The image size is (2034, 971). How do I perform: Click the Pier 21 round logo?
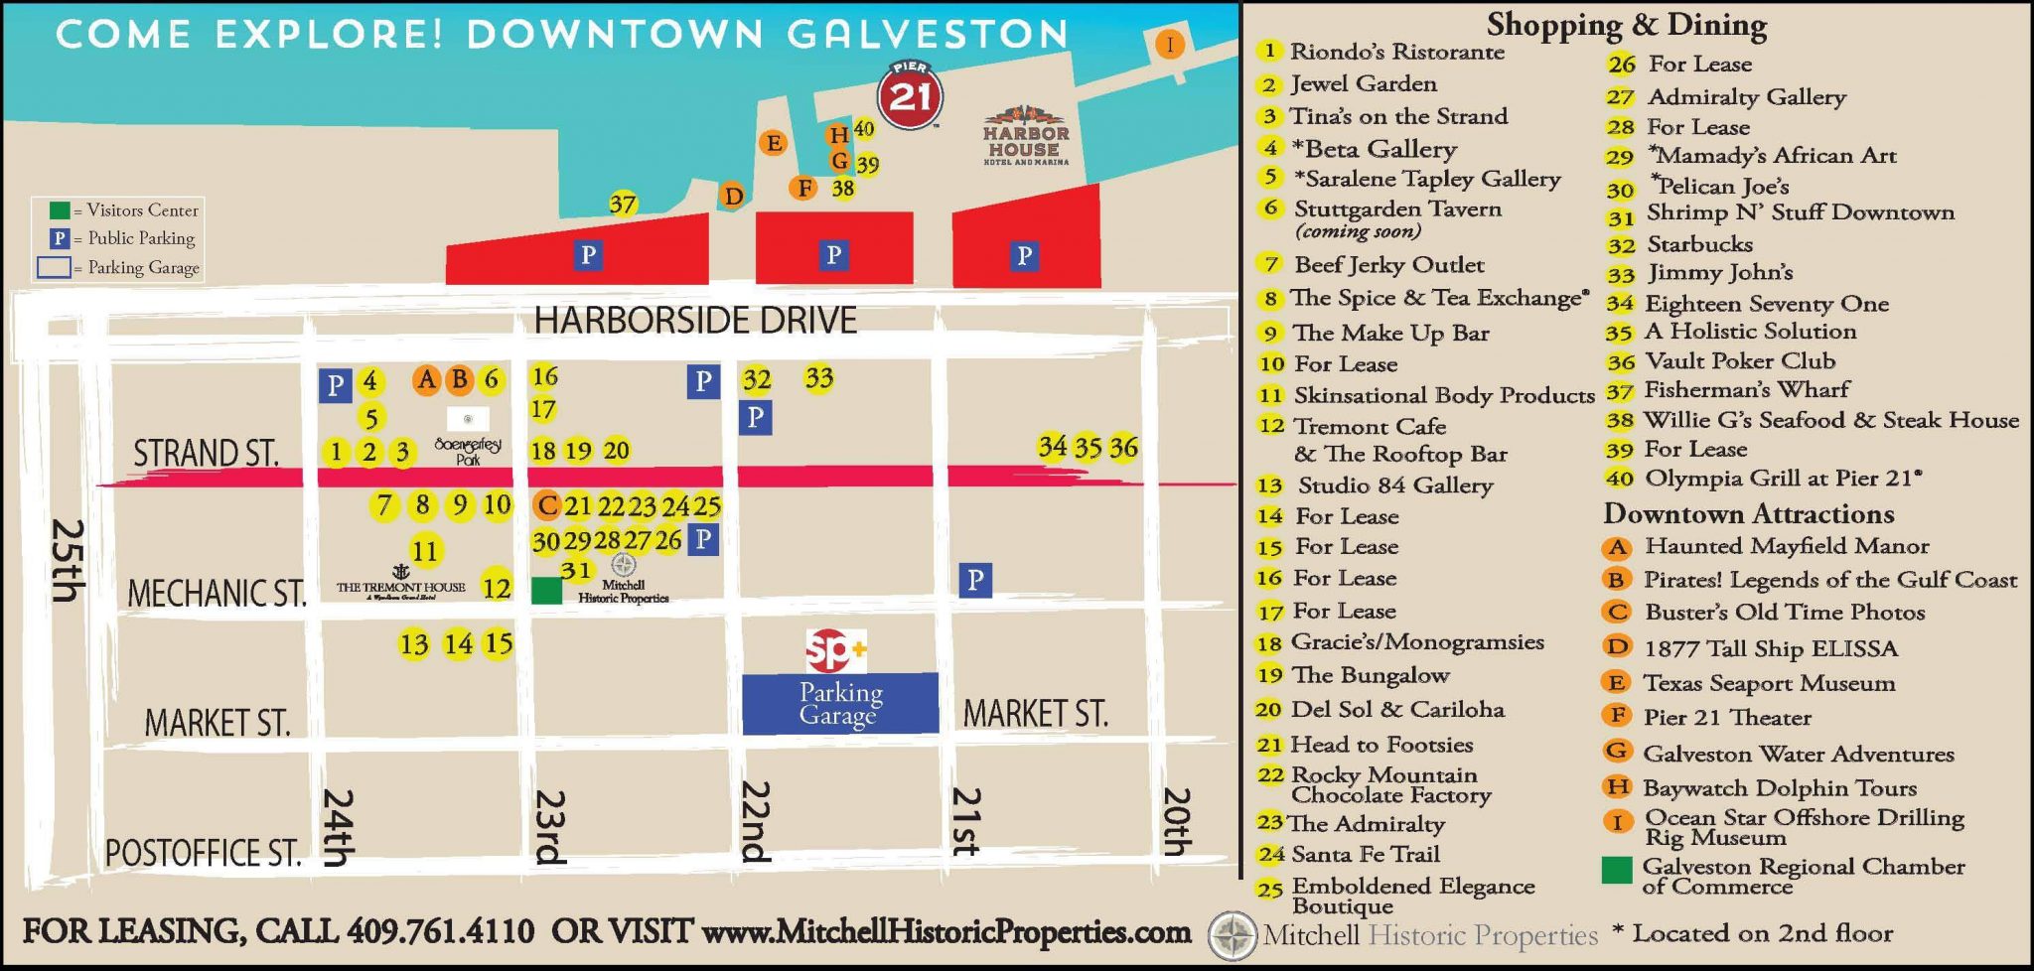pos(910,95)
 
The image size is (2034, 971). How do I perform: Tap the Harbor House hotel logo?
pos(1026,135)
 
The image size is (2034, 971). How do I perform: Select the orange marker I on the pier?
pos(1170,45)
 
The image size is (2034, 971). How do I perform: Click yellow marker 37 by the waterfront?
pos(623,205)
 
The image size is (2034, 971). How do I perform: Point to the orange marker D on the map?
pos(733,196)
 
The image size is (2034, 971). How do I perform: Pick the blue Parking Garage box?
pos(840,703)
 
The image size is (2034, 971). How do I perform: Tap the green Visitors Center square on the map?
pos(546,591)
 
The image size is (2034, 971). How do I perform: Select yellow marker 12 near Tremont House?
pos(497,587)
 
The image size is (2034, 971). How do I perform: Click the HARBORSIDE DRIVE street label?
pos(695,321)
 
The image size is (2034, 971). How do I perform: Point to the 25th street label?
pos(67,561)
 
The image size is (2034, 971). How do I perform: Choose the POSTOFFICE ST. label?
pos(203,853)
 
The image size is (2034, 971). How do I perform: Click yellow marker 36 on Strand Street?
pos(1123,448)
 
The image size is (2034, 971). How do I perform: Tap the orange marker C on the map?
pos(546,505)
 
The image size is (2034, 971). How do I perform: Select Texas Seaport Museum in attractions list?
pos(1768,683)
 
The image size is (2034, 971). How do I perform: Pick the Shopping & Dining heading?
pos(1626,24)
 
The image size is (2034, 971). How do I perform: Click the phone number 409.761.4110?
pos(440,931)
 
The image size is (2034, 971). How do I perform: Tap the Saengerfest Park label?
pos(468,452)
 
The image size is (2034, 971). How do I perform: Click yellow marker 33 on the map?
pos(819,378)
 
